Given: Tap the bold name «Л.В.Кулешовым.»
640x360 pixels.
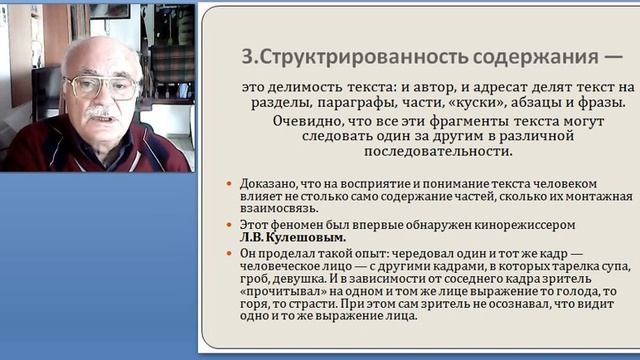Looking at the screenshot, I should click(x=293, y=238).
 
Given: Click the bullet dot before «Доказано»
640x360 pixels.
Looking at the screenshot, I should click(x=231, y=185).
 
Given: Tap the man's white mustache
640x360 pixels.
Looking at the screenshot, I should click(x=104, y=112).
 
